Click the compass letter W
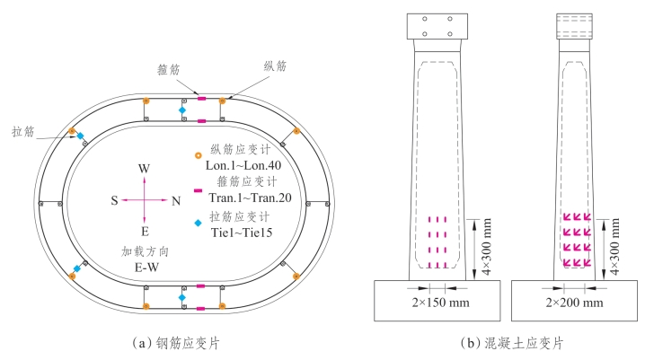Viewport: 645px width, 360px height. (144, 169)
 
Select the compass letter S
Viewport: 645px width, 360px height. (115, 201)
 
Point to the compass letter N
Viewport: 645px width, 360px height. (175, 201)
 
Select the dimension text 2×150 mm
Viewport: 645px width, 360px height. (438, 303)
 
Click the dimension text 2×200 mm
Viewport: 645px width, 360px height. (576, 303)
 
